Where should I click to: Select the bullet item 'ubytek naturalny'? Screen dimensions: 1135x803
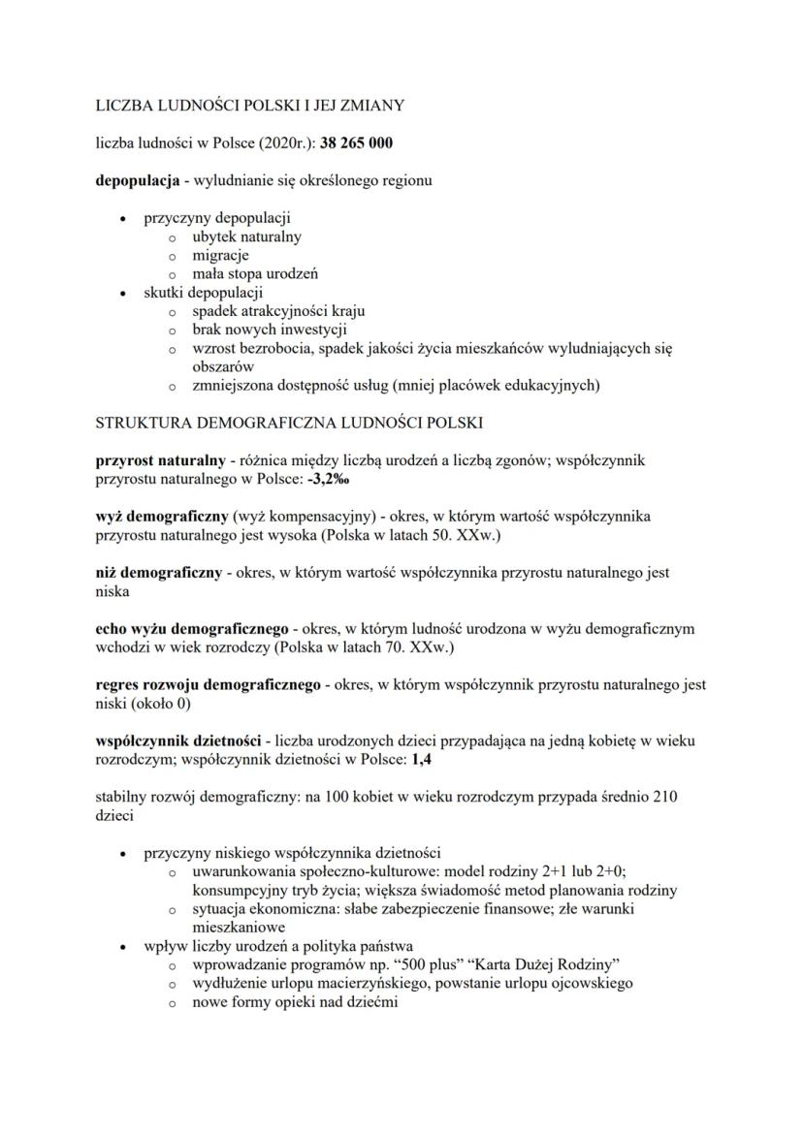coord(246,236)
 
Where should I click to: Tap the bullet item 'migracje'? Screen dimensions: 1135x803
coord(220,255)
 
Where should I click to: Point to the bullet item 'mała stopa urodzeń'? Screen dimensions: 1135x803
coord(255,273)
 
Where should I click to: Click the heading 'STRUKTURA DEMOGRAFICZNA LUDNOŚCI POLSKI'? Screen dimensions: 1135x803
coord(289,424)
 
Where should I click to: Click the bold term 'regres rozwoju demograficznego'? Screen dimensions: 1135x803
coord(209,685)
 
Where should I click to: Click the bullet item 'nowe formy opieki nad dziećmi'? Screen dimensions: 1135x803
coord(295,1002)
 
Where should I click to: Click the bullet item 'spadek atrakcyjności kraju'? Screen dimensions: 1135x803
coord(278,311)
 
